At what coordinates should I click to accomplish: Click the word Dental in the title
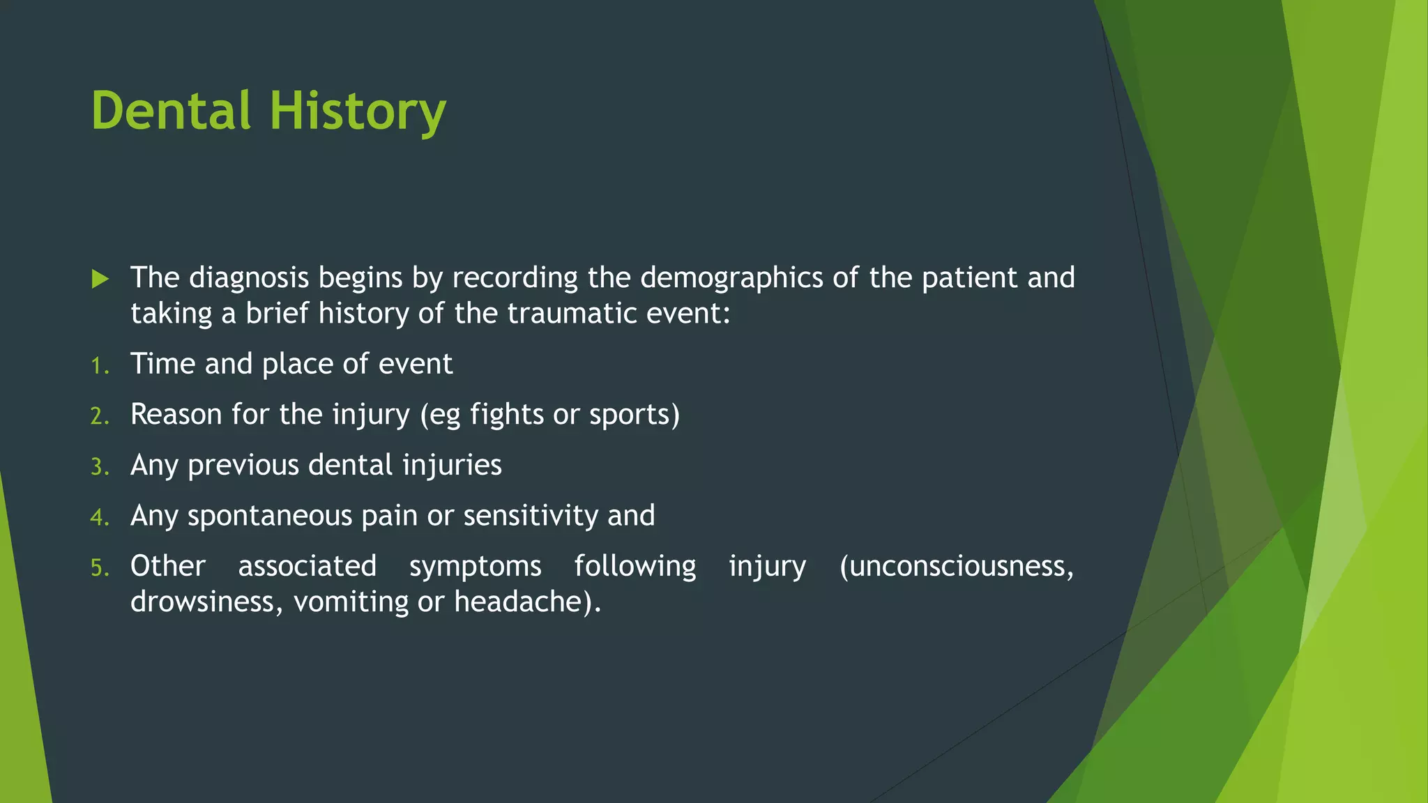pyautogui.click(x=171, y=112)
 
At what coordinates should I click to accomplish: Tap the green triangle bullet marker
pyautogui.click(x=100, y=280)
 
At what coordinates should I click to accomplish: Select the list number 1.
pyautogui.click(x=100, y=365)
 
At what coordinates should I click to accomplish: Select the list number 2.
pyautogui.click(x=100, y=416)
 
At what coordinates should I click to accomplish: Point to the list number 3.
pyautogui.click(x=100, y=467)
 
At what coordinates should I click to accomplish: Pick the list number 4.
pyautogui.click(x=100, y=517)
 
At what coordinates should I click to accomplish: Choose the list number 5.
pyautogui.click(x=100, y=567)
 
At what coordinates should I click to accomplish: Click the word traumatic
pyautogui.click(x=572, y=314)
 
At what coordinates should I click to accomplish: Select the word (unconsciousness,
pyautogui.click(x=957, y=566)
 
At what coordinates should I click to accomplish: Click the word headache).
pyautogui.click(x=527, y=602)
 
